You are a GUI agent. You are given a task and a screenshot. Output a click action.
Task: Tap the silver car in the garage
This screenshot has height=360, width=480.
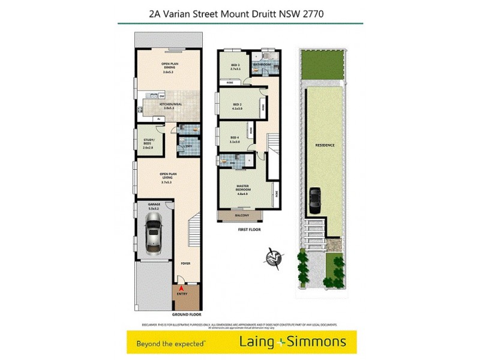pos(153,232)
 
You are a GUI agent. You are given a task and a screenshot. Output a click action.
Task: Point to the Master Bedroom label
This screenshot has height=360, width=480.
pos(243,188)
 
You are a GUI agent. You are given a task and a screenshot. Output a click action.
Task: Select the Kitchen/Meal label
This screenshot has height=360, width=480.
pos(170,106)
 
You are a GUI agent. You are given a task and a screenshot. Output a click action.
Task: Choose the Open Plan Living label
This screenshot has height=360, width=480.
pos(169,178)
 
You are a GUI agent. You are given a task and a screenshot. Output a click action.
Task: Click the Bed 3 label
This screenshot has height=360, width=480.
pos(235,67)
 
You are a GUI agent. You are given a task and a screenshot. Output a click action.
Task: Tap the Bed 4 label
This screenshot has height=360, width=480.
pos(235,140)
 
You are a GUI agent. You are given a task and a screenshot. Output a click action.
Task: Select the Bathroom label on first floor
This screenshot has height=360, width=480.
pos(262,65)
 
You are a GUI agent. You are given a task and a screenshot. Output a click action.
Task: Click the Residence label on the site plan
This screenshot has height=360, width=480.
pos(325,145)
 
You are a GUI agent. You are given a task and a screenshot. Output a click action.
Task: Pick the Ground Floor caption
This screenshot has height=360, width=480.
pos(187,314)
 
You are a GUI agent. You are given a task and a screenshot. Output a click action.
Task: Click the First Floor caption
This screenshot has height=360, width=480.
pos(243,229)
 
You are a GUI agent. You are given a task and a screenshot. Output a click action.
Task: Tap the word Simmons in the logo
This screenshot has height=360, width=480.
pos(320,342)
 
